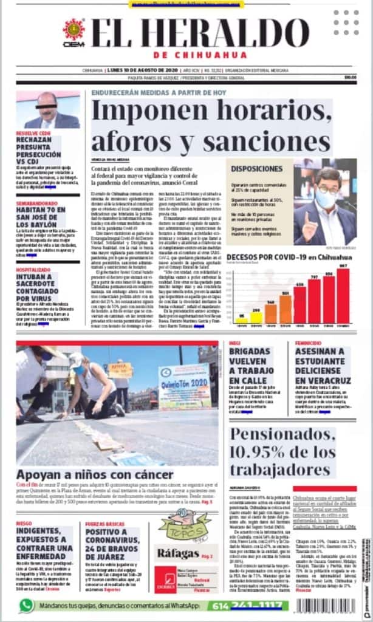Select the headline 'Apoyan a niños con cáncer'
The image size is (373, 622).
pos(94,474)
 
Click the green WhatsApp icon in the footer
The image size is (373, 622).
pos(26,606)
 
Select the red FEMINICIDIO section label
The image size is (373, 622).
pos(308,343)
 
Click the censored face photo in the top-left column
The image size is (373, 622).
pos(47,110)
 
